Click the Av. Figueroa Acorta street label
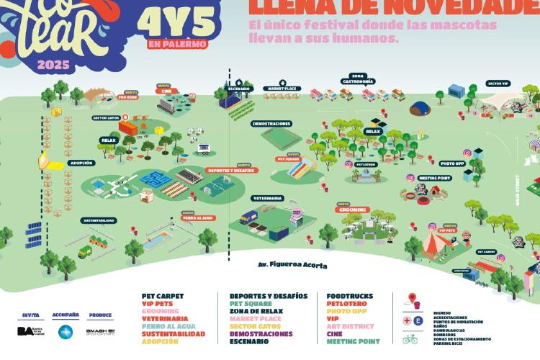[292, 265]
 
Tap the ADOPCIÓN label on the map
[81, 163]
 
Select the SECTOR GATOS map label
[106, 117]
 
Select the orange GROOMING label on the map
[352, 210]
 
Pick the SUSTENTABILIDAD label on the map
[98, 220]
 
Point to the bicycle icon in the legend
[410, 338]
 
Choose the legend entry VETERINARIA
[165, 318]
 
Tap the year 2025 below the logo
[53, 65]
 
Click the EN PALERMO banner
[176, 44]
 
